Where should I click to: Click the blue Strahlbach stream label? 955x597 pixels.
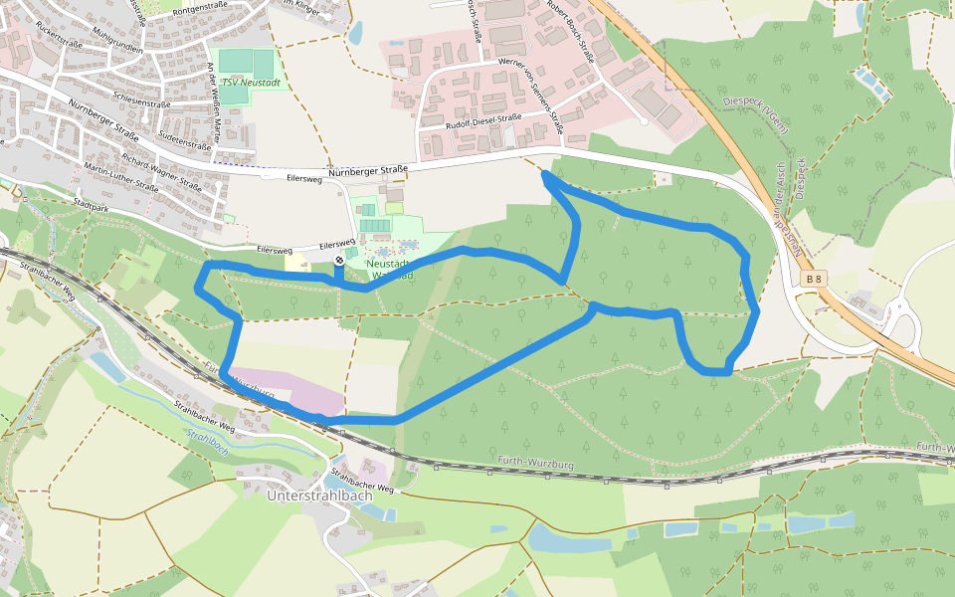click(207, 443)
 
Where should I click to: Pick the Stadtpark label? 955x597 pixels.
click(91, 203)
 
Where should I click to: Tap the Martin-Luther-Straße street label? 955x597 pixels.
click(120, 177)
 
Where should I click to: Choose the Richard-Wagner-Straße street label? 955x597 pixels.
click(162, 171)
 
